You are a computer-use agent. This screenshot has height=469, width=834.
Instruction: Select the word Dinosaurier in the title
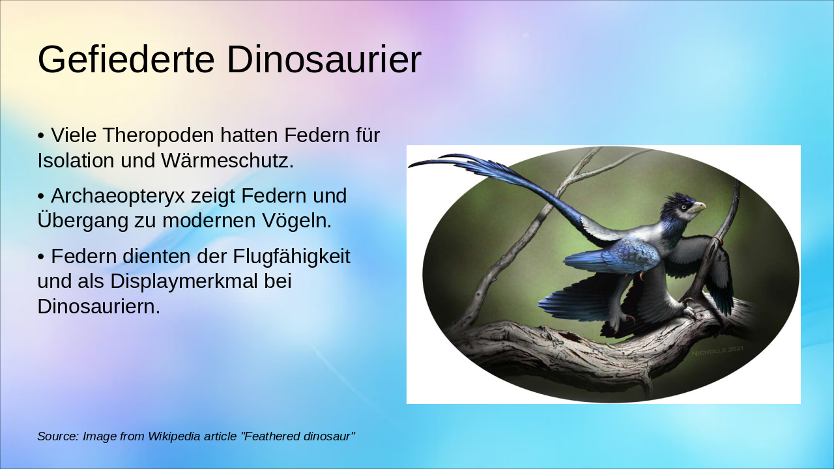tap(324, 60)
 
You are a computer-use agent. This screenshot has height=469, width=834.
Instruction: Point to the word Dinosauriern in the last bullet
tap(98, 306)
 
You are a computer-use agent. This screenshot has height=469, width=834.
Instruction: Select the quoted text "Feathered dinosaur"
tap(298, 436)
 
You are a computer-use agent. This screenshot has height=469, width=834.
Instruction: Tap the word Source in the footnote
tap(57, 436)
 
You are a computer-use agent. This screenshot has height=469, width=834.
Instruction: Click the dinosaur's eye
tap(683, 206)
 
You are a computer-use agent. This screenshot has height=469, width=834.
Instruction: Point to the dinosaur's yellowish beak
tap(697, 208)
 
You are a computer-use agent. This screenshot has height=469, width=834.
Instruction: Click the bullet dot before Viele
tap(41, 136)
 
